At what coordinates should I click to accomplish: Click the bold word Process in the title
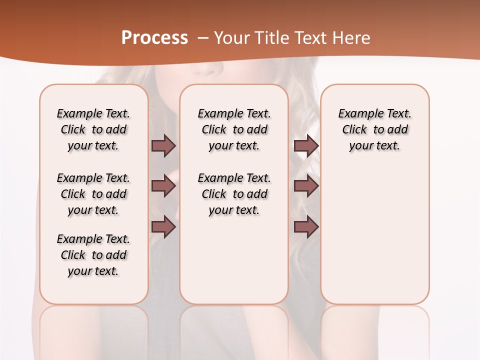tap(154, 38)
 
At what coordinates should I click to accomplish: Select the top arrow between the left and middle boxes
tap(163, 145)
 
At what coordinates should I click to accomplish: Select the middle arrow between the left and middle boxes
tap(163, 186)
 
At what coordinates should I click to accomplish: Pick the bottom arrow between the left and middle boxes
tap(163, 227)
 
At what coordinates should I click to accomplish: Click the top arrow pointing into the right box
tap(306, 145)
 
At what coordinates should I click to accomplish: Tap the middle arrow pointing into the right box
tap(306, 186)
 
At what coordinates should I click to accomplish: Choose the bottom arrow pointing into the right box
tap(306, 227)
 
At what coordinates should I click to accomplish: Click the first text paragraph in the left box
tap(93, 129)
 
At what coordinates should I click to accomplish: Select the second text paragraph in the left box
tap(93, 194)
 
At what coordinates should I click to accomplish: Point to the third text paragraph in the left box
tap(93, 255)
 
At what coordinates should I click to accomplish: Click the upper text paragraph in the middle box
tap(234, 129)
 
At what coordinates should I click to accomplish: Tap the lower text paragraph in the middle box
tap(234, 194)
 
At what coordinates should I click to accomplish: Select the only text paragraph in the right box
tap(374, 129)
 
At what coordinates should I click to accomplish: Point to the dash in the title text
tap(203, 38)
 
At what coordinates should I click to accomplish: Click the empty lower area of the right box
tap(374, 240)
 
